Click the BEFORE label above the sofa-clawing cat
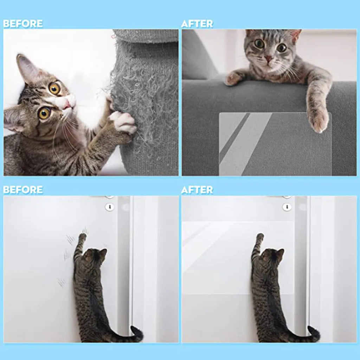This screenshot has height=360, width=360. click(x=23, y=24)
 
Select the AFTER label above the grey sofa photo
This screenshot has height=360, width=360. click(x=197, y=24)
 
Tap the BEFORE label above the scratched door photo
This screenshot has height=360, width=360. click(x=23, y=190)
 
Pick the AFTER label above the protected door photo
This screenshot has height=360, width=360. click(x=197, y=190)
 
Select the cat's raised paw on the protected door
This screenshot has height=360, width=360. click(x=260, y=237)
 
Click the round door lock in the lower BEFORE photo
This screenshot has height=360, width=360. click(x=110, y=207)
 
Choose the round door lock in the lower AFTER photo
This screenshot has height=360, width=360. click(x=287, y=207)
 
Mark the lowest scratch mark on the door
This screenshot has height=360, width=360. click(x=62, y=282)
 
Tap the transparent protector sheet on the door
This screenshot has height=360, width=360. click(x=218, y=257)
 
